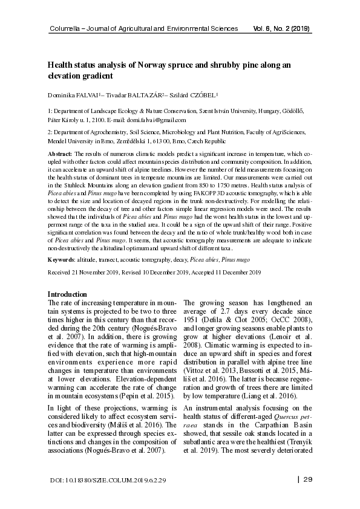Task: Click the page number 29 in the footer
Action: (307, 480)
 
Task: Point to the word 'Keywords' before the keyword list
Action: (61, 259)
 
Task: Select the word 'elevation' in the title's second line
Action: (67, 77)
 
